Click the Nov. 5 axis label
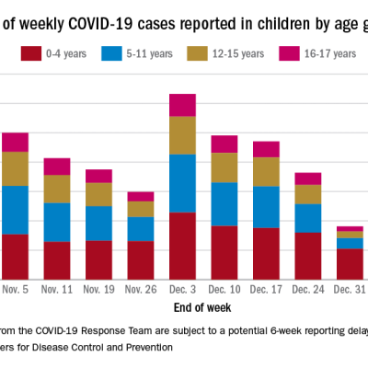point(15,289)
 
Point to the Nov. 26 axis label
point(140,289)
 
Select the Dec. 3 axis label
point(182,289)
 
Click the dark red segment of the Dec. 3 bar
point(182,246)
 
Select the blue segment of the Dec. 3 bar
point(182,183)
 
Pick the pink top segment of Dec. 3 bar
point(182,105)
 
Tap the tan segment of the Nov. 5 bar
point(15,168)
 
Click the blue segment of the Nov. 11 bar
point(57,222)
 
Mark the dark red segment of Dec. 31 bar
point(349,263)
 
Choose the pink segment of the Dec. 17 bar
point(266,149)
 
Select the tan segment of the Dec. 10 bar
point(224,167)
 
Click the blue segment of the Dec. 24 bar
point(308,218)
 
